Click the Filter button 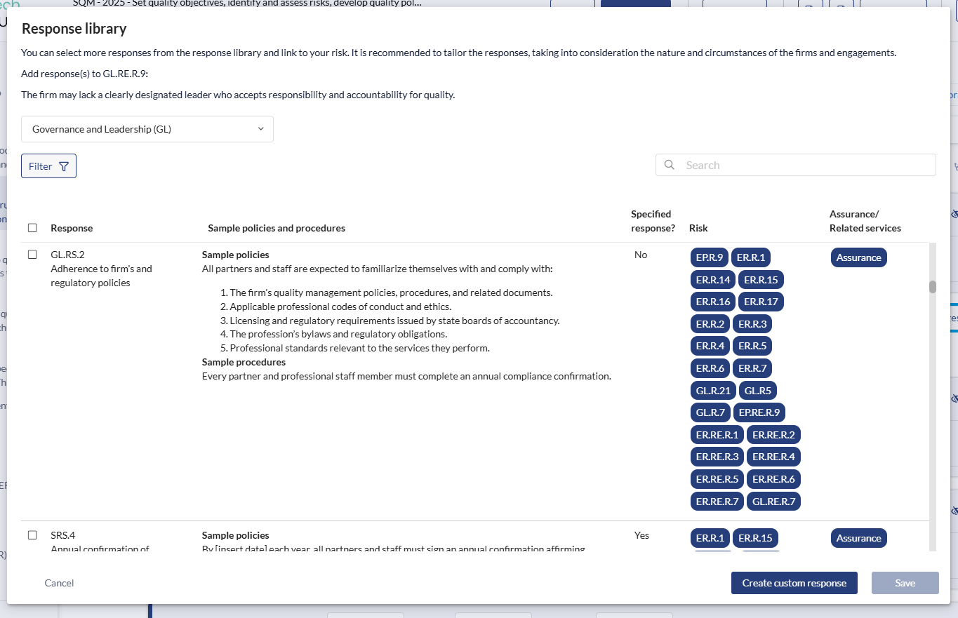48,166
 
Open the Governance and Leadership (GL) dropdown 147,129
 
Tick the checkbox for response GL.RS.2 32,255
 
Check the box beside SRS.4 32,535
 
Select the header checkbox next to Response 32,228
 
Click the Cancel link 59,583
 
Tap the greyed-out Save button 905,583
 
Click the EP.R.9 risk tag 710,257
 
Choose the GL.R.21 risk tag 713,391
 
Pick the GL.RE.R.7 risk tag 773,502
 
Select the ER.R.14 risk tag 713,280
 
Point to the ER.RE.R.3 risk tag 717,457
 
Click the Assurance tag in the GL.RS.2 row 858,257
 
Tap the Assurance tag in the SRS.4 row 858,538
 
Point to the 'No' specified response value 641,255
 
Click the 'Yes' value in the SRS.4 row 641,535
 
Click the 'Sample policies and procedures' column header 277,228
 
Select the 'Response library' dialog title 74,29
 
